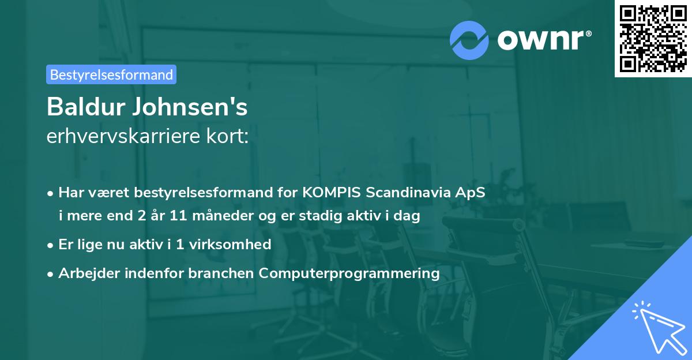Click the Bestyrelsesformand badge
(111, 74)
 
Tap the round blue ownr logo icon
(469, 40)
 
